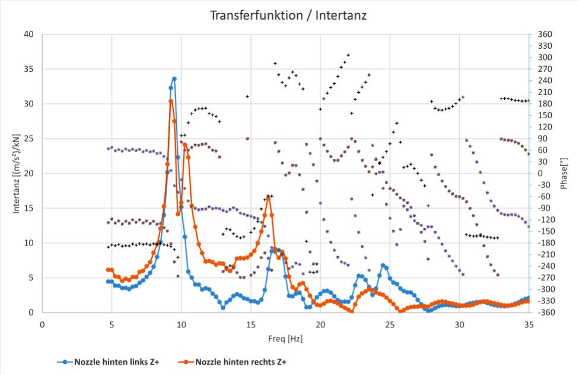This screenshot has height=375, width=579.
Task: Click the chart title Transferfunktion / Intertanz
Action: coord(288,15)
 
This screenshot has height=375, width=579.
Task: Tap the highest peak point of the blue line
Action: coord(174,78)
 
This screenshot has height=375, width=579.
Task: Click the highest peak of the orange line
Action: coord(171,101)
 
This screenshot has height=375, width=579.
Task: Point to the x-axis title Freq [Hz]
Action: coord(285,339)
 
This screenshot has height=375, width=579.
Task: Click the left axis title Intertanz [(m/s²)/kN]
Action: coord(11,174)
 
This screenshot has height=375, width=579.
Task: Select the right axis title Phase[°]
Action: coord(564,174)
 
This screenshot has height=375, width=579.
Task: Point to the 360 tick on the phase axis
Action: coord(543,34)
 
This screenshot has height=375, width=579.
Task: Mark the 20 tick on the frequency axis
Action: coord(320,324)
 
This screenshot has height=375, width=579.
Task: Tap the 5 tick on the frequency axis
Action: coord(112,324)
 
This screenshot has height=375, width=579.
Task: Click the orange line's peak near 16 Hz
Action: coord(268,197)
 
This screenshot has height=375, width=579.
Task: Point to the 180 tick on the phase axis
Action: coord(543,104)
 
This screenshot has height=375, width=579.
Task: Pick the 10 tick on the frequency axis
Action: coord(181,324)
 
